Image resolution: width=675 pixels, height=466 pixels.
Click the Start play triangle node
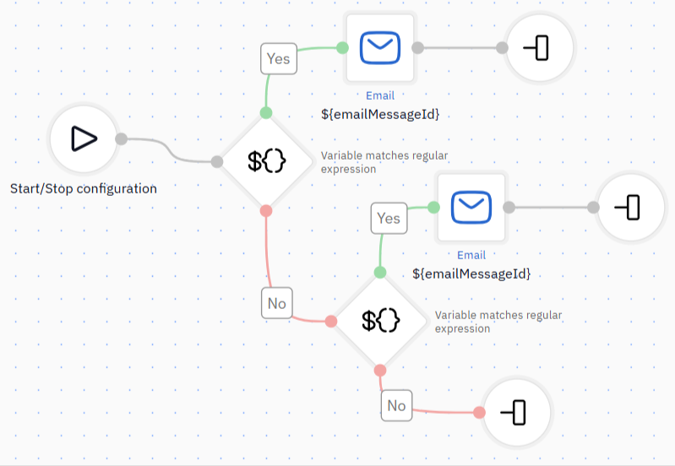(84, 139)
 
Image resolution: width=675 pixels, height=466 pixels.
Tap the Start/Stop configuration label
(84, 188)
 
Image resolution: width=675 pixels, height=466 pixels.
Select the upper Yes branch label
(279, 58)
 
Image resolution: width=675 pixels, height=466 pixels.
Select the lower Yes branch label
(389, 218)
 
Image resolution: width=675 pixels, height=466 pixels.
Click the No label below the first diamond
(277, 303)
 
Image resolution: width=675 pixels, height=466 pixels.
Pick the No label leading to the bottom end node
(396, 405)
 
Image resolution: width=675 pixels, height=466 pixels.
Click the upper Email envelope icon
(380, 48)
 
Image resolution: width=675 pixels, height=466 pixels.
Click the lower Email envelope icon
(471, 208)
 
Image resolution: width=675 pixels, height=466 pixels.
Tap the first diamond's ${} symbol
(266, 161)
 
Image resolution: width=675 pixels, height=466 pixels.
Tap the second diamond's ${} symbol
(380, 321)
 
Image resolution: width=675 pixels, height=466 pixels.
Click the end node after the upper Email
(539, 47)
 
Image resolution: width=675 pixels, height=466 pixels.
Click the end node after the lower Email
(630, 208)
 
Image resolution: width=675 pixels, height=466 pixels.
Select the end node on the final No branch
(516, 412)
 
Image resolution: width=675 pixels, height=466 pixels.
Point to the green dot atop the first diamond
(266, 113)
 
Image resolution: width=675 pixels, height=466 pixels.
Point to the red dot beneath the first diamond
(266, 211)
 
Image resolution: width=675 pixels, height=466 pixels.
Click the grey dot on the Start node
(122, 139)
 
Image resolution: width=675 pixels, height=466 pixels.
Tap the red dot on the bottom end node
(479, 413)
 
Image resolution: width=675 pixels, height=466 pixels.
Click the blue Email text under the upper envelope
(380, 95)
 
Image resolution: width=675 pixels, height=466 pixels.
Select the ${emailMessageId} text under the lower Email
(471, 274)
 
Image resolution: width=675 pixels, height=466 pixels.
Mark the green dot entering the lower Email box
(433, 208)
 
